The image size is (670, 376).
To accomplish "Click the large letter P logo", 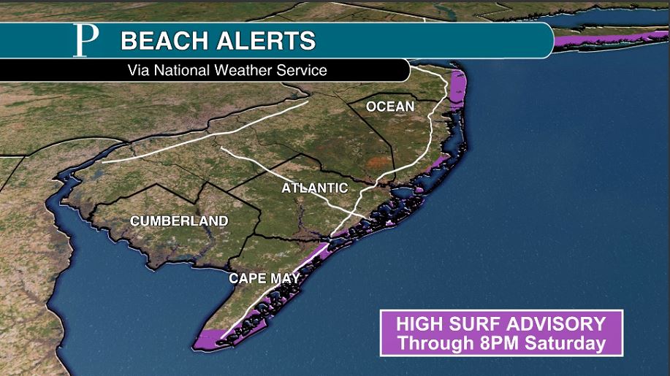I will pyautogui.click(x=85, y=41).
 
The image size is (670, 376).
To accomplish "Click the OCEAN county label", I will pyautogui.click(x=390, y=107).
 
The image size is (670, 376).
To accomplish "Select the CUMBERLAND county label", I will pyautogui.click(x=179, y=220).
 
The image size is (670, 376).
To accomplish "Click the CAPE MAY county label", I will pyautogui.click(x=259, y=278).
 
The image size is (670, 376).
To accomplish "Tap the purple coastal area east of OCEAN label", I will pyautogui.click(x=457, y=91).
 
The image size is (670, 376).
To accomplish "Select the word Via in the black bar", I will pyautogui.click(x=139, y=71).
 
